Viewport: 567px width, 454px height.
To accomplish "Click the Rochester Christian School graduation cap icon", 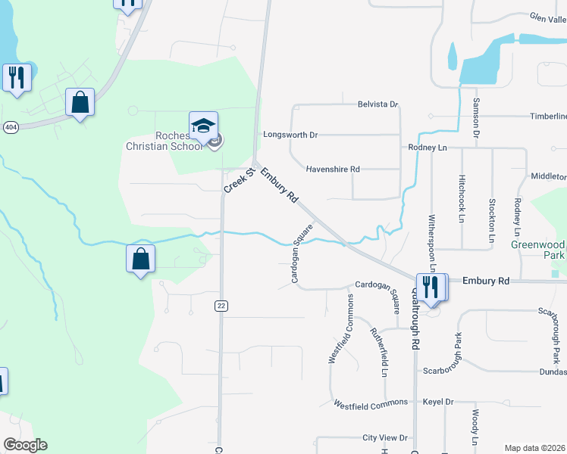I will [x=202, y=124].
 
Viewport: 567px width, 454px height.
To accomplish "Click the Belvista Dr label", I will [x=377, y=104].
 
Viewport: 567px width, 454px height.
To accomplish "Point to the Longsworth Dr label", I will [x=290, y=135].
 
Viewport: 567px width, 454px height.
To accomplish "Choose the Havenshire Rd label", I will [x=332, y=169].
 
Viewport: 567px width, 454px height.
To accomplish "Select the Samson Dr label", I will [x=477, y=117].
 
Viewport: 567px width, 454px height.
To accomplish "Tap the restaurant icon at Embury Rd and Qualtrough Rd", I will [x=430, y=288].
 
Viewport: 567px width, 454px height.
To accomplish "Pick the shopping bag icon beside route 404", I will [x=80, y=102].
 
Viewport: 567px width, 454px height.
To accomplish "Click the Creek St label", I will [x=233, y=181].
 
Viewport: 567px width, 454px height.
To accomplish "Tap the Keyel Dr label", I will [x=437, y=402].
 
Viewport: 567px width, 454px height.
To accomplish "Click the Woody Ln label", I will [x=475, y=428].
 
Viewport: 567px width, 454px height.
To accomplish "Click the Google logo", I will [x=25, y=445].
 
